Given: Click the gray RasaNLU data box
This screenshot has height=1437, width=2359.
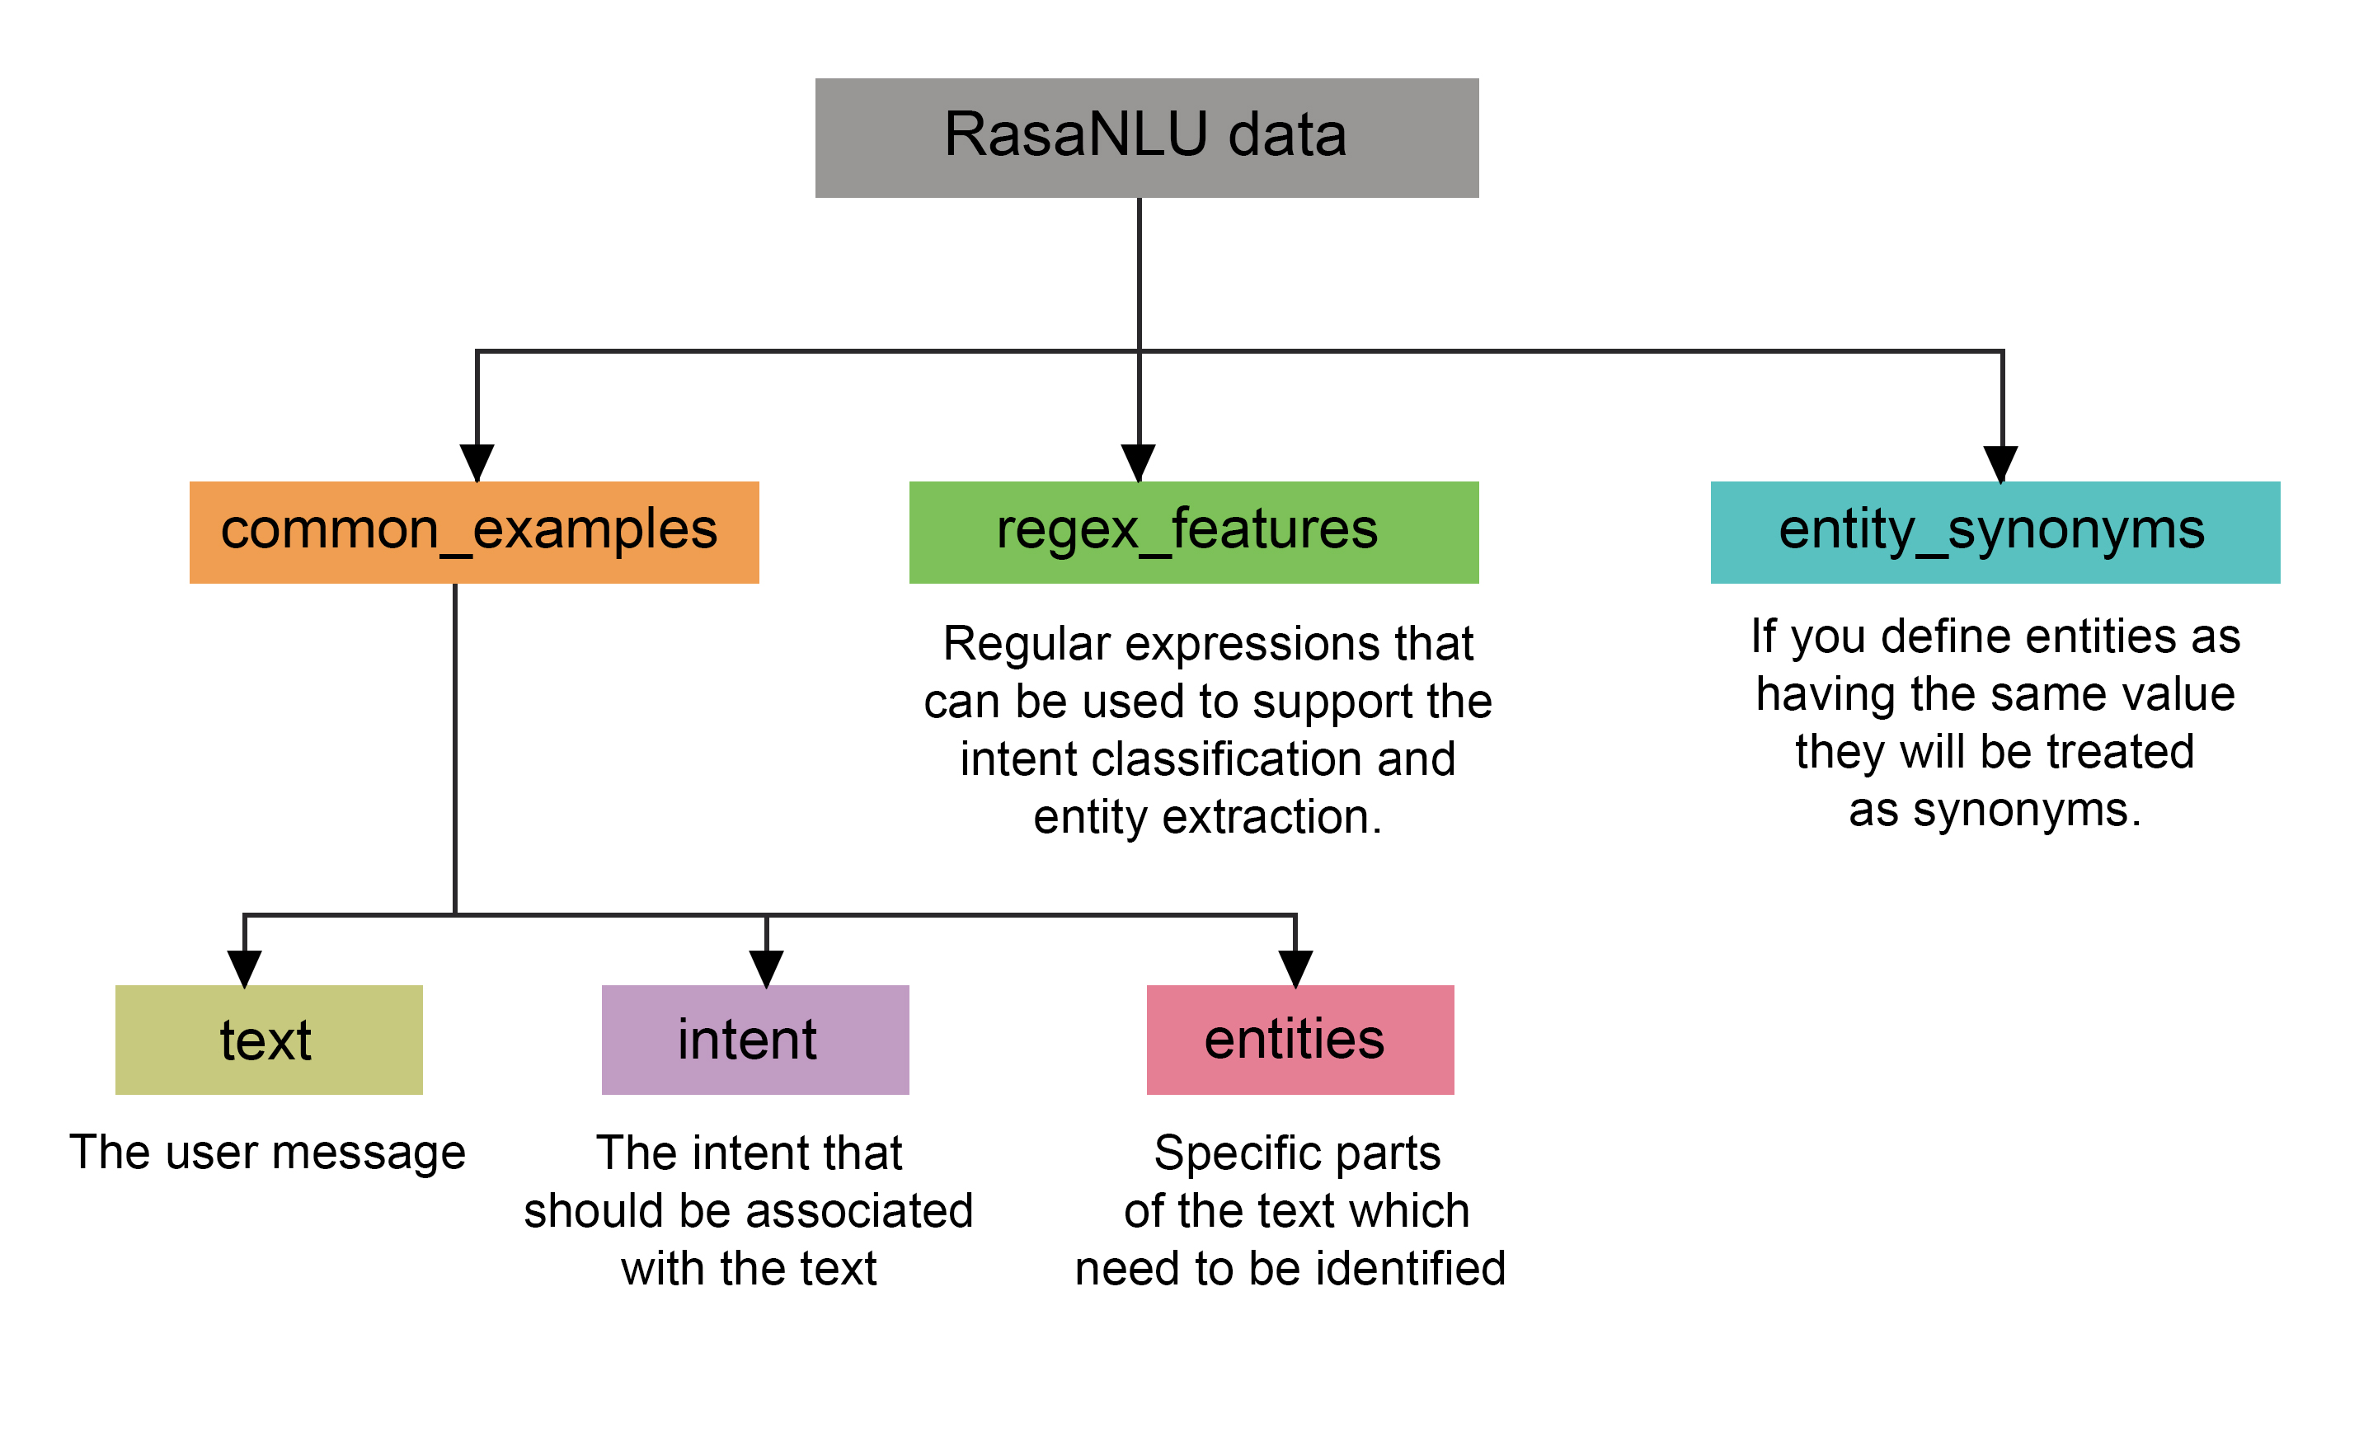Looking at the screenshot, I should (x=1146, y=138).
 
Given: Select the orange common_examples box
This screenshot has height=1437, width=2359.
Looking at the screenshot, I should (x=474, y=533).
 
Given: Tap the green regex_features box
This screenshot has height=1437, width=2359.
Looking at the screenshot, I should (x=1193, y=533).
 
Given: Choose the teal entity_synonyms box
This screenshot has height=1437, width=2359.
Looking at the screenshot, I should (x=1995, y=533).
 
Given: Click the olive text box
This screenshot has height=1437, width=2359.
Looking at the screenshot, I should (x=268, y=1039).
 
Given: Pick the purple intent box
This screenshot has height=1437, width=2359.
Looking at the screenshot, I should (x=754, y=1039).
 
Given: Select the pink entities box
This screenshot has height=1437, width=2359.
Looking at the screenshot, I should (x=1299, y=1039).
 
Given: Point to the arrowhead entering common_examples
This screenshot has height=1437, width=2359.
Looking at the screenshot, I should (x=477, y=463).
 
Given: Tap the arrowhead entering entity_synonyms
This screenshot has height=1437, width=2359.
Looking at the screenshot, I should (x=2000, y=463).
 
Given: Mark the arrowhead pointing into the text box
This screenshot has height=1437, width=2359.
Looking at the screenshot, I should (x=244, y=968).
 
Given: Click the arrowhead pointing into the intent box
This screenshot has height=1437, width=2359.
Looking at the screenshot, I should (x=766, y=968).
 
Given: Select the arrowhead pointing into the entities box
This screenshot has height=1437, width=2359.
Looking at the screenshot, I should (x=1295, y=968).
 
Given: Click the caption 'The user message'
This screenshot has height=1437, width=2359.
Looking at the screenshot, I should (x=267, y=1152).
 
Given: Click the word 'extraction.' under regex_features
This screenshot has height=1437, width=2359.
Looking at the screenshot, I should (x=1272, y=817).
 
